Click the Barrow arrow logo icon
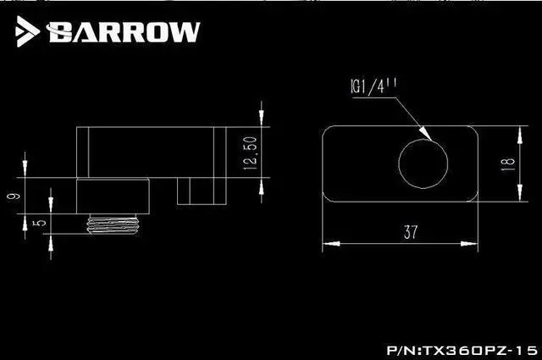(26, 30)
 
